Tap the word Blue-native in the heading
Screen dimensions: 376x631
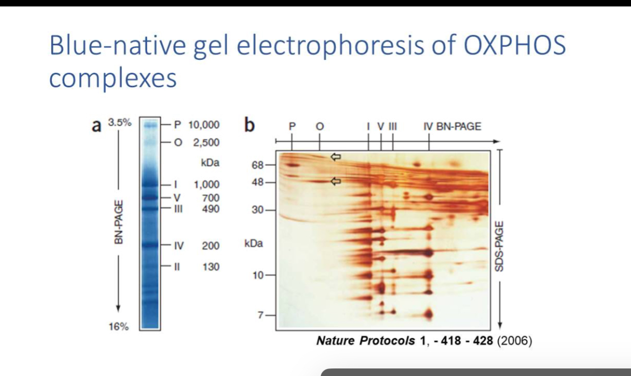[119, 45]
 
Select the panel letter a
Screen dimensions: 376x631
[97, 126]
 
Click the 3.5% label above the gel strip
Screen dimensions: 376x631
[119, 122]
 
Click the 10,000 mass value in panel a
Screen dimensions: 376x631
[203, 125]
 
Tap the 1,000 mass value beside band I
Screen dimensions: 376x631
[207, 184]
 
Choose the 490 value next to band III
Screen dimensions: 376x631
[210, 208]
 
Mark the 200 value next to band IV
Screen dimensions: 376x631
[210, 246]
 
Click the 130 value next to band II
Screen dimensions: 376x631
[210, 266]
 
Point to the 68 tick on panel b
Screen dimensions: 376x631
[257, 165]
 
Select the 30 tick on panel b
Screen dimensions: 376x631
[257, 210]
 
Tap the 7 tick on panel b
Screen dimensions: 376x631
[260, 315]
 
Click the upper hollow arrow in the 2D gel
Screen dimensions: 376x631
[336, 156]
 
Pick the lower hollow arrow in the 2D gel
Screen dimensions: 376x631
[336, 181]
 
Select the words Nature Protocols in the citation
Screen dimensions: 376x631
[365, 341]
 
